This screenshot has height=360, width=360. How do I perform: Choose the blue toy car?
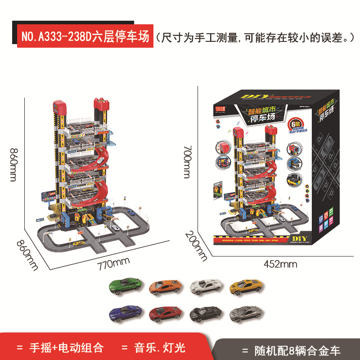tap(125, 312)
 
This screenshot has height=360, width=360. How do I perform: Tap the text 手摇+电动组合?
tap(66, 348)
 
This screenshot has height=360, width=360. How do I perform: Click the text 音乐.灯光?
tap(160, 348)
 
